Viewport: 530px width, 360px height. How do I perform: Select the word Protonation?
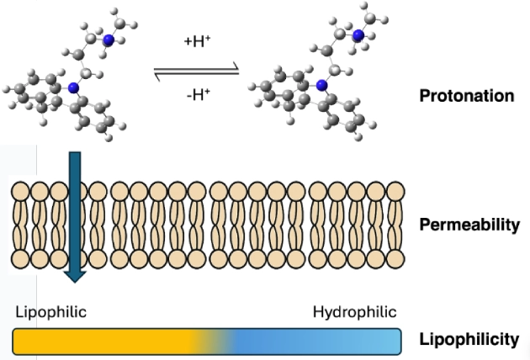[466, 95]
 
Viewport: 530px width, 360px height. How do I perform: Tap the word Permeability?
[469, 225]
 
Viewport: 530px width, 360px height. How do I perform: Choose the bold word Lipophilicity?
[469, 340]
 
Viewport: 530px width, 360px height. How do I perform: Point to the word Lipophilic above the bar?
[50, 313]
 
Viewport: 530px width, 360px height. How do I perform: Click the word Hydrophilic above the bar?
[352, 313]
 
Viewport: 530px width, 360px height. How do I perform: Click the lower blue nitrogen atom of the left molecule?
[73, 87]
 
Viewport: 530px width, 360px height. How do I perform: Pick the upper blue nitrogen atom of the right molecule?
[359, 34]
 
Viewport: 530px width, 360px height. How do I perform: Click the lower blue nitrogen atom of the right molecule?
[321, 85]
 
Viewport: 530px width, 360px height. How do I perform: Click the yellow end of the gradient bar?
[25, 341]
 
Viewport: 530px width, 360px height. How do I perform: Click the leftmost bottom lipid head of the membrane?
[22, 257]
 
